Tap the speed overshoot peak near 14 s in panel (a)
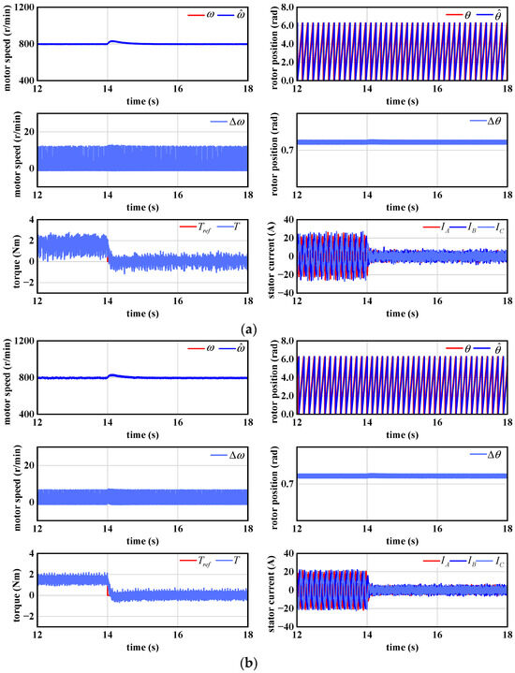point(110,40)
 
